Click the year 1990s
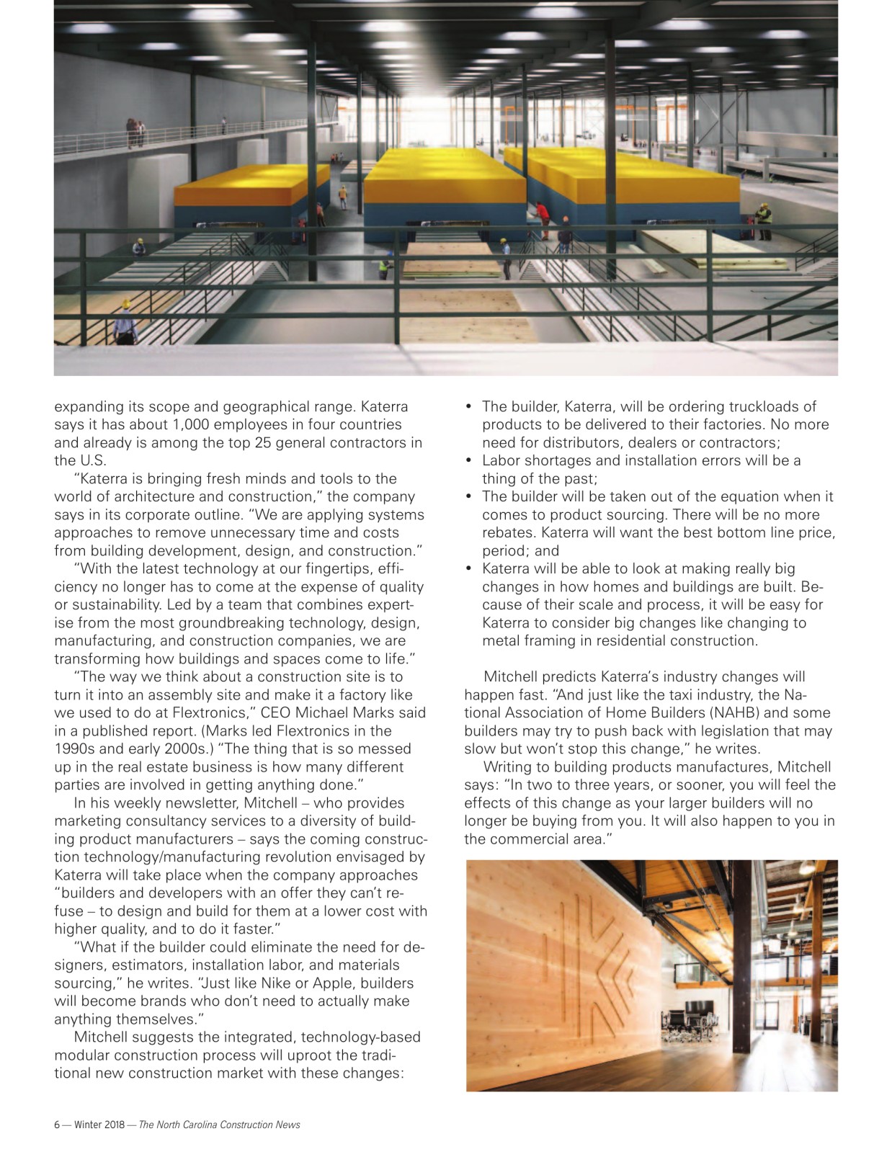(x=76, y=748)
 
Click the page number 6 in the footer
(x=57, y=1125)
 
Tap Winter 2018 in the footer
(x=99, y=1125)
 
